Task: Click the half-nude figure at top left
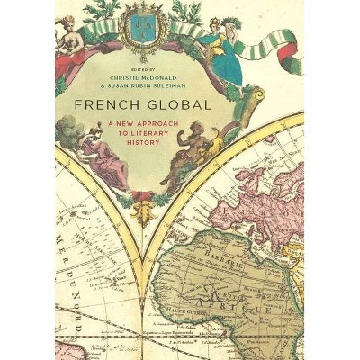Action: click(68, 36)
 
